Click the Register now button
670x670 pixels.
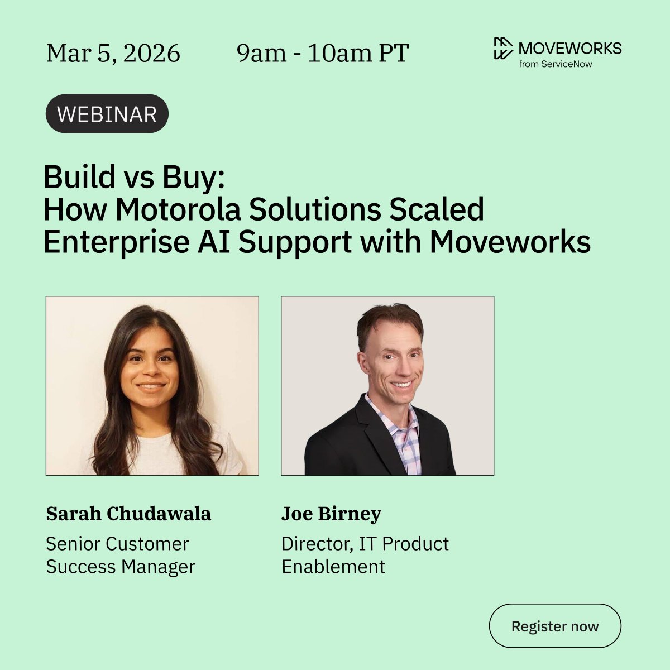[x=555, y=626]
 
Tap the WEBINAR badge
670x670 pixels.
[x=107, y=114]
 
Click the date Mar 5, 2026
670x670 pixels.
[x=113, y=54]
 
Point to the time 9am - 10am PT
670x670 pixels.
[x=323, y=54]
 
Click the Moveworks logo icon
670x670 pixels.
[x=502, y=48]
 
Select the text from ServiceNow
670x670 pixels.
[x=556, y=64]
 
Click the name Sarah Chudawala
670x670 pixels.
[x=128, y=514]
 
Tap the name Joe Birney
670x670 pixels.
[x=331, y=514]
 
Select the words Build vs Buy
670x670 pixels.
[x=133, y=178]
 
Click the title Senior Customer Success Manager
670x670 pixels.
[x=120, y=555]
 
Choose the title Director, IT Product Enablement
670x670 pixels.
[x=365, y=555]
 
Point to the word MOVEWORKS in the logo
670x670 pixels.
[x=569, y=48]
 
